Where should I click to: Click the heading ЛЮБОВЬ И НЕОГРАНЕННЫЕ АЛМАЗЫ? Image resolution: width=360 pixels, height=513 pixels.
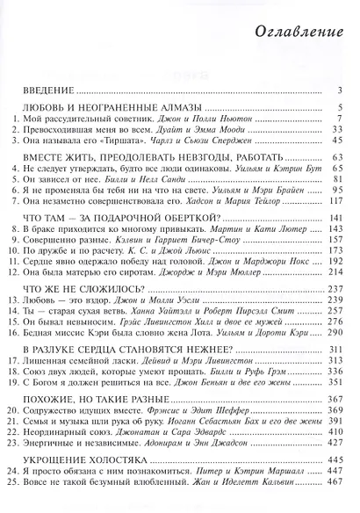coord(97,109)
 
